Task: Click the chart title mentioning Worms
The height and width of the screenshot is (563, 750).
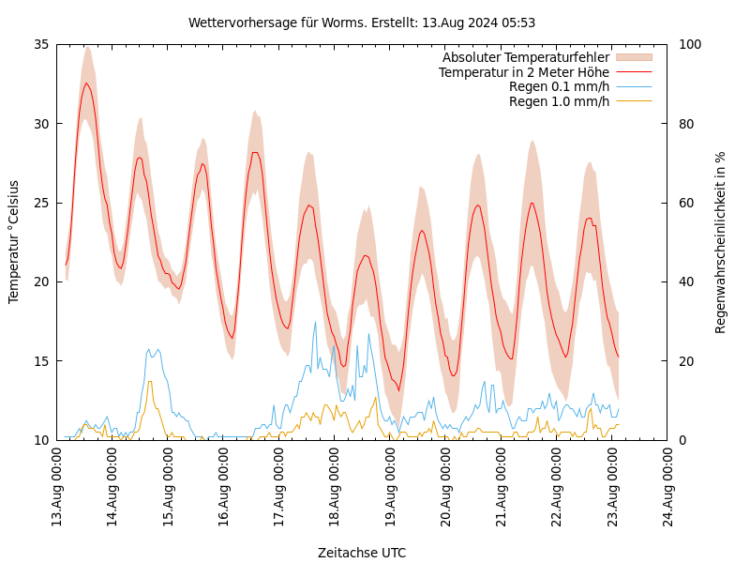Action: coord(362,23)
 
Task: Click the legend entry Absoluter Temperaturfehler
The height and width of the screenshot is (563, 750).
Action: coord(525,58)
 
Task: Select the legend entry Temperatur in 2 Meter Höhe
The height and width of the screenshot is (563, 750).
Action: coord(523,72)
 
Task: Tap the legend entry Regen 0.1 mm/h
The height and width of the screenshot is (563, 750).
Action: coord(559,87)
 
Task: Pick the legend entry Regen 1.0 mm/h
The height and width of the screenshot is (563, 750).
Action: coord(559,101)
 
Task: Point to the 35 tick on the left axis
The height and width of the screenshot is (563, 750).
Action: coord(40,44)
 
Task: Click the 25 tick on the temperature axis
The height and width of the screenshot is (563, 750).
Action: coord(40,203)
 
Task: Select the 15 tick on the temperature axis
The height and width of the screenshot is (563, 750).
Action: coord(40,360)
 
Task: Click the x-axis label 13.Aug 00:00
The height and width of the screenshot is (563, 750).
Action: coord(56,489)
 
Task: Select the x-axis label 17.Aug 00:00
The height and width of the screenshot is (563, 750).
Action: coord(279,489)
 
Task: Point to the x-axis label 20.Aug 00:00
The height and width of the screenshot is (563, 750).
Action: coord(446,489)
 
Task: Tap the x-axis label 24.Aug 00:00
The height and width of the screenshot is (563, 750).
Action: coord(668,489)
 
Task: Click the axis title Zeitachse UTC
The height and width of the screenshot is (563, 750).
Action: coord(362,553)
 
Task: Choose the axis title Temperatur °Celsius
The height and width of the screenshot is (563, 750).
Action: coord(14,241)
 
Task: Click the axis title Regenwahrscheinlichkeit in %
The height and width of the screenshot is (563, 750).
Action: coord(721,242)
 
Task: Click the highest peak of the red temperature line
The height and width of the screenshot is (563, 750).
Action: coord(86,84)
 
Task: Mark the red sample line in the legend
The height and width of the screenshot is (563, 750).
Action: coord(633,72)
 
